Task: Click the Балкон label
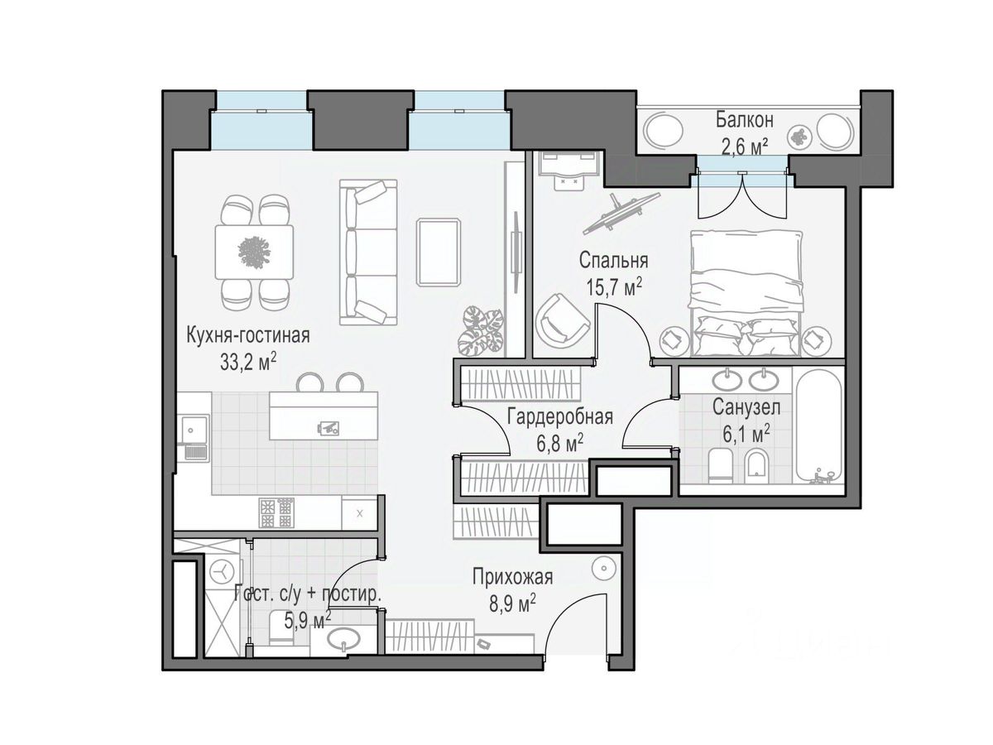pyautogui.click(x=744, y=120)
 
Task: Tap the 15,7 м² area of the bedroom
pyautogui.click(x=614, y=286)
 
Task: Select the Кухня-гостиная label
pyautogui.click(x=248, y=336)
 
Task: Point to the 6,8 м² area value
pyautogui.click(x=559, y=444)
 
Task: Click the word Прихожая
pyautogui.click(x=512, y=577)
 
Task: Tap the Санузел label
pyautogui.click(x=746, y=407)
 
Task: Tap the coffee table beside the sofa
pyautogui.click(x=439, y=252)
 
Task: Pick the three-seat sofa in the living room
pyautogui.click(x=368, y=252)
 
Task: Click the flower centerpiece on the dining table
pyautogui.click(x=255, y=252)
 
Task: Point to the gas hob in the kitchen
pyautogui.click(x=276, y=512)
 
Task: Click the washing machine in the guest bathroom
pyautogui.click(x=222, y=573)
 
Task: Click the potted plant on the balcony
pyautogui.click(x=799, y=136)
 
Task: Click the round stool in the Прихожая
pyautogui.click(x=603, y=568)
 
